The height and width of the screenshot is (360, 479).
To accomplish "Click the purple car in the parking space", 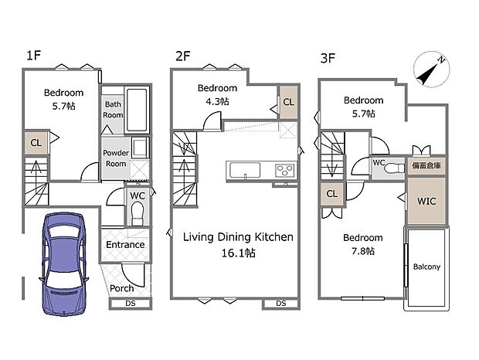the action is [x=64, y=263].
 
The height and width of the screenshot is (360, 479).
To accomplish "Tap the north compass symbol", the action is [x=431, y=70].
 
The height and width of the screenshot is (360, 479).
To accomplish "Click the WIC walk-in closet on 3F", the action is [x=426, y=201].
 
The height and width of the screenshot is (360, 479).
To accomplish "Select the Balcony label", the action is [x=426, y=267].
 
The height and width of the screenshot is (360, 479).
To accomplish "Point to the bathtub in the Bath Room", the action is [x=137, y=110].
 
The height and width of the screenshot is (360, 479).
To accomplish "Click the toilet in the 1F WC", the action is [x=138, y=213].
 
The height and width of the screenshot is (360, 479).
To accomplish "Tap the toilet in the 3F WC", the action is [x=393, y=168].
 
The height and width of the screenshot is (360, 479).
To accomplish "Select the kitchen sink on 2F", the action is [x=245, y=170].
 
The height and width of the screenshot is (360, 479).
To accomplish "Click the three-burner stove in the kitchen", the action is [x=285, y=170].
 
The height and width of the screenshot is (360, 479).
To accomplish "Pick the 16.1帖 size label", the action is [x=238, y=253].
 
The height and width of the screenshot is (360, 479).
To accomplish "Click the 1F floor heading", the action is [x=33, y=56].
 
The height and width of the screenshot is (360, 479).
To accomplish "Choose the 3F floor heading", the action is [x=328, y=58].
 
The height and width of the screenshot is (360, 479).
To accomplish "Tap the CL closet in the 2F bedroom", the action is [x=289, y=102].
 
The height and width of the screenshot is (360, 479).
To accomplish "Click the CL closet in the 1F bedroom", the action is [x=36, y=143].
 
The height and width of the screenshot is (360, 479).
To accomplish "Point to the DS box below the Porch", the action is [x=131, y=304].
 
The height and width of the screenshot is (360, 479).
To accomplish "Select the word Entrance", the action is [x=125, y=245].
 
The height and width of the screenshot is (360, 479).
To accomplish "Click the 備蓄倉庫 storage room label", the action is [x=426, y=166].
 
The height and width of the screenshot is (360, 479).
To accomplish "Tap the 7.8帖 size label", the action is [x=363, y=251].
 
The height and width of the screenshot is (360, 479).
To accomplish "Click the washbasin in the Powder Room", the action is [x=140, y=148].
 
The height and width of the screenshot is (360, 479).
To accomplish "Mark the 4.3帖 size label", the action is [x=217, y=101].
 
